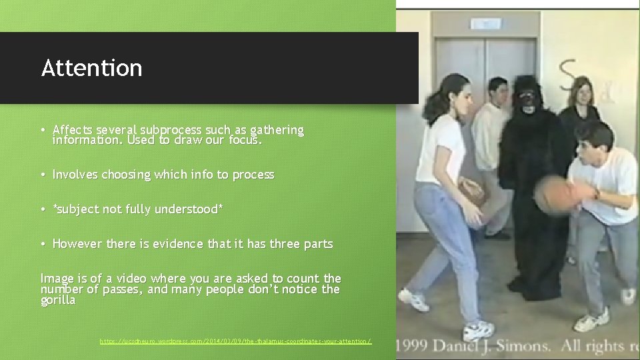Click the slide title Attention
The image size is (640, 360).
91,68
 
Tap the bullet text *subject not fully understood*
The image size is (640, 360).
137,209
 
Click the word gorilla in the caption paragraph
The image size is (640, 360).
58,300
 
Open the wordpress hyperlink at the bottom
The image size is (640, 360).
235,341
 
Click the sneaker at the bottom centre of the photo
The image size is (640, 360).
479,330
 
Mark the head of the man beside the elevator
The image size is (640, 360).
497,91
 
